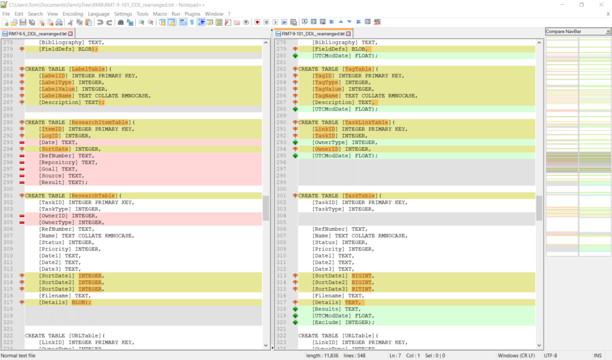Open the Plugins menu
pos(192,14)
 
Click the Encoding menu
pos(73,14)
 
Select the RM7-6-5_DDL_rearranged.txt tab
pos(38,34)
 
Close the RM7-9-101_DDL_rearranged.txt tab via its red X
pos(348,34)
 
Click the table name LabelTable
pos(88,69)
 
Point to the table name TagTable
pos(358,69)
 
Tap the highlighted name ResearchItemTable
pos(100,123)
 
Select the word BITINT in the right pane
pos(362,289)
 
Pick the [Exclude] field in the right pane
pos(327,322)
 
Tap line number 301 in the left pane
pos(8,196)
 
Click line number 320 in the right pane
pos(281,322)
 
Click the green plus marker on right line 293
pos(295,142)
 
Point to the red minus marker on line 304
pos(22,216)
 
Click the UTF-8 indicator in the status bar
pos(550,356)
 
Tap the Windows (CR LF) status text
pos(516,356)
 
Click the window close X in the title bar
pos(601,5)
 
